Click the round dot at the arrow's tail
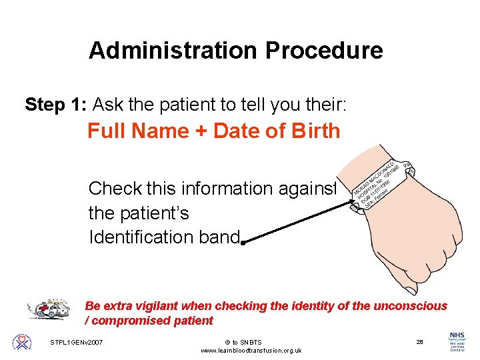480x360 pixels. coord(244,243)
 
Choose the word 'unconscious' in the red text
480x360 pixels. coord(413,306)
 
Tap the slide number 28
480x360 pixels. coord(419,342)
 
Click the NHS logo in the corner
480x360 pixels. coord(458,341)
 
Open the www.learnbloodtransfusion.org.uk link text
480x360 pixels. coord(251,351)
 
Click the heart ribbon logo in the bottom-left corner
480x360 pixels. coord(21,343)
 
